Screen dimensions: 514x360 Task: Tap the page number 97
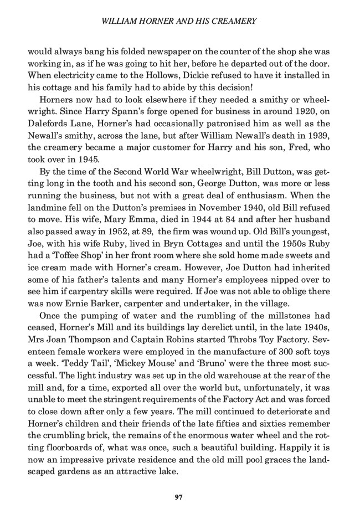178,497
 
